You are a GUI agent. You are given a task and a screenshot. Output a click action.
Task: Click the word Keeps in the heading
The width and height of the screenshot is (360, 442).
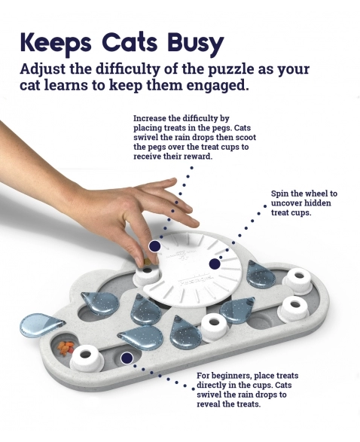(x=56, y=44)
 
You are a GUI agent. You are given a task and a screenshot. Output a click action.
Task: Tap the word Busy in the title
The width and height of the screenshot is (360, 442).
(x=195, y=44)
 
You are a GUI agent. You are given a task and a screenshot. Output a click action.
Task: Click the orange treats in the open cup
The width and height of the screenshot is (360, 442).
(x=66, y=347)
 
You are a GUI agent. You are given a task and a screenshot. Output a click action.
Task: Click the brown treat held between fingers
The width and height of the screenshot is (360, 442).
(x=146, y=262)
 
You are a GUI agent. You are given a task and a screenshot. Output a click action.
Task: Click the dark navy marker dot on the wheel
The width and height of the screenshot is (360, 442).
(x=215, y=264)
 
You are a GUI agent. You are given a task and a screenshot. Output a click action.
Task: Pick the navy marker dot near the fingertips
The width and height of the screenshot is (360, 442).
(x=154, y=246)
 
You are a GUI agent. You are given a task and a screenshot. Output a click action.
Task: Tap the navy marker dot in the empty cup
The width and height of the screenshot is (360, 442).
(x=127, y=358)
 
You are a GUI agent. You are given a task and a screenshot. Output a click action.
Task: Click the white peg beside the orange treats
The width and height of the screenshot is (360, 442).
(x=85, y=358)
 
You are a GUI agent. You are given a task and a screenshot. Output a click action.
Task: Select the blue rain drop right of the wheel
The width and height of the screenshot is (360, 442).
(x=260, y=274)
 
